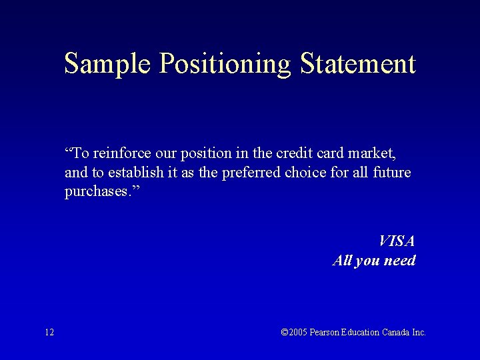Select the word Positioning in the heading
[225, 64]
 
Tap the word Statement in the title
[358, 64]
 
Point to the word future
[392, 173]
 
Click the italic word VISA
[397, 241]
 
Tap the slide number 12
[49, 332]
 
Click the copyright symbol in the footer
[285, 332]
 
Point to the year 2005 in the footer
[299, 332]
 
